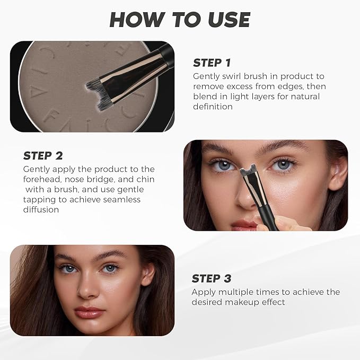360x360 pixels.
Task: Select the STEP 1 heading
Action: coord(212,63)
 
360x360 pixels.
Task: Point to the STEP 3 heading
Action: coord(212,279)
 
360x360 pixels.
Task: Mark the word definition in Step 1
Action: coord(213,107)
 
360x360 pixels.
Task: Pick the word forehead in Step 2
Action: coord(41,179)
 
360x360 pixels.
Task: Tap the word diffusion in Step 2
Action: coord(41,209)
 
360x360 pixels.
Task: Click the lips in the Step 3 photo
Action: coord(89,312)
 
